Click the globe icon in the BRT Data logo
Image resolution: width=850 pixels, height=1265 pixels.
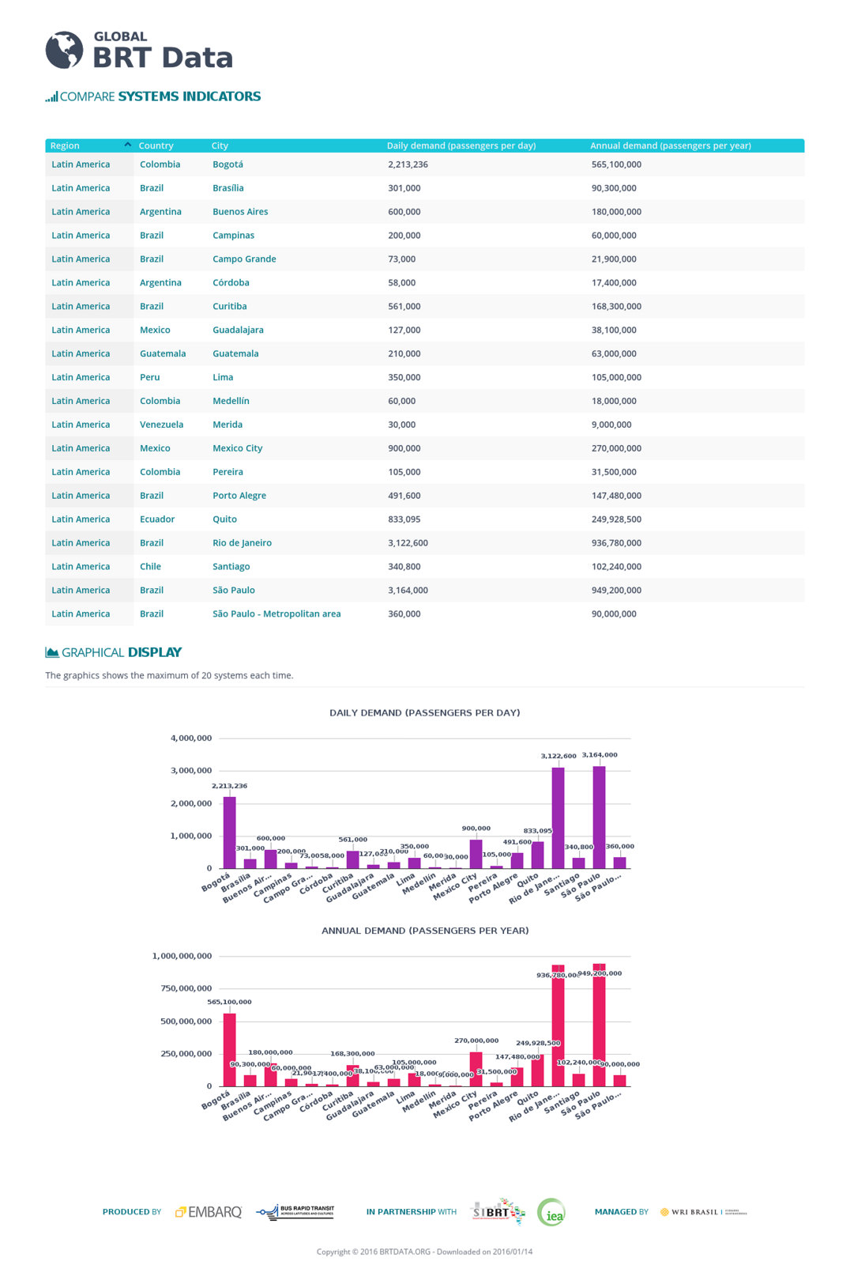tap(64, 51)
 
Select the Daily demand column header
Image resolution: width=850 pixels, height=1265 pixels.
tap(461, 145)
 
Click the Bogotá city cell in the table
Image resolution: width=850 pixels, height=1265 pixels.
tap(228, 164)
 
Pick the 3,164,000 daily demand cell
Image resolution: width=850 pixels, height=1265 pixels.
tap(408, 590)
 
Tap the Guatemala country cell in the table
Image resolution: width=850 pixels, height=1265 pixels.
tap(163, 353)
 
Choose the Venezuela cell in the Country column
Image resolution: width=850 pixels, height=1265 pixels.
tap(161, 425)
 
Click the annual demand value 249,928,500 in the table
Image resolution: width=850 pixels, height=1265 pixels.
tap(616, 519)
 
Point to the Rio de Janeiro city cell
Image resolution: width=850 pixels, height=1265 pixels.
tap(242, 543)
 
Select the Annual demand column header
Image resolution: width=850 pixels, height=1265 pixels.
tap(670, 145)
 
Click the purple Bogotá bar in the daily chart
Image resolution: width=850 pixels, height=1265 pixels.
tap(230, 832)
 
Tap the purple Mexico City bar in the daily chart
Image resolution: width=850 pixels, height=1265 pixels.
tap(476, 854)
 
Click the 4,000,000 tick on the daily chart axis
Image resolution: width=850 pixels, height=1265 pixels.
tap(191, 738)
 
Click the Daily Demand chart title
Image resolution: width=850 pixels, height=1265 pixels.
tap(424, 712)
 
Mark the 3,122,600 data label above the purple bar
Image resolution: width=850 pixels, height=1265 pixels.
tap(558, 756)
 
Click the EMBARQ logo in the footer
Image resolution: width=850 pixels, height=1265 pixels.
tap(209, 1212)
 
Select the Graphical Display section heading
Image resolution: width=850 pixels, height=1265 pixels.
tap(114, 652)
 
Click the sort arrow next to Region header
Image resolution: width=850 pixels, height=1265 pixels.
tap(127, 145)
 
